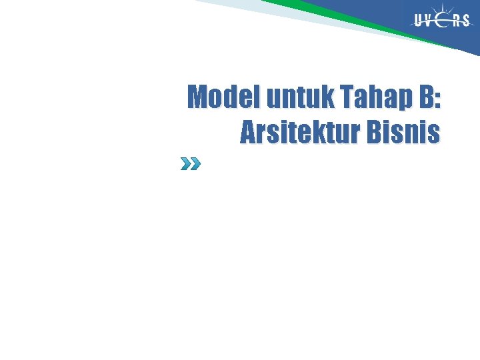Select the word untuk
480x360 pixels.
301,97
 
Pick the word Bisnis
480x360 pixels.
408,133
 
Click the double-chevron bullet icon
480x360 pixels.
190,164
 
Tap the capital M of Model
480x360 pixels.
198,97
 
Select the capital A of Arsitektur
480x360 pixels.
247,133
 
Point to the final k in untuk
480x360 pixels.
327,97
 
